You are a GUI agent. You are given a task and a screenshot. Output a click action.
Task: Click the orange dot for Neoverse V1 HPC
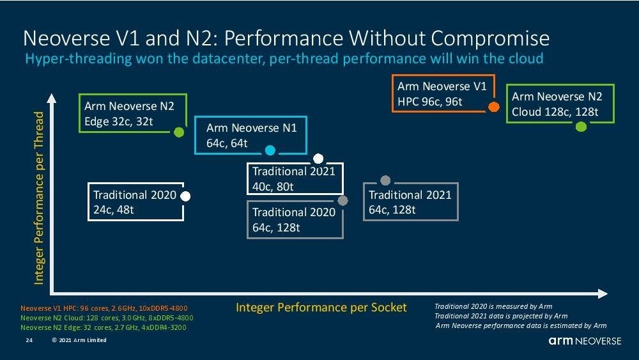(x=493, y=107)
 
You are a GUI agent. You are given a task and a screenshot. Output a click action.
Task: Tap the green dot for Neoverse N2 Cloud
(x=581, y=127)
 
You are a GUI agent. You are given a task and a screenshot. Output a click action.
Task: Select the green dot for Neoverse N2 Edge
(x=180, y=132)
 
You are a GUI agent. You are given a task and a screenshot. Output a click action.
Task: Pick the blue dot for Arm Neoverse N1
(x=270, y=151)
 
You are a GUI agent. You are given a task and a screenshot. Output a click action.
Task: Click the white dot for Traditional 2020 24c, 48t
(x=185, y=196)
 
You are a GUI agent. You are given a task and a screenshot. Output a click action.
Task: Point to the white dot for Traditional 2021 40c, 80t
(x=318, y=159)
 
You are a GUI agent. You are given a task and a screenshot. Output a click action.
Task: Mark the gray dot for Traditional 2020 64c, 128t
(x=343, y=201)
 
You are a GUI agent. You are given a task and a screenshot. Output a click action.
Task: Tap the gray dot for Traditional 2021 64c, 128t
(x=385, y=181)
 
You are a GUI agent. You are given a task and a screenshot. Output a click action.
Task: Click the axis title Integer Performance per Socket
(x=321, y=308)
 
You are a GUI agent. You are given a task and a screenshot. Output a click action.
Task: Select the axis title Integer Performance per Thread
(x=40, y=198)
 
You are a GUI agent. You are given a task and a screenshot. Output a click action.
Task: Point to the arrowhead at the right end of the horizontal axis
(x=603, y=293)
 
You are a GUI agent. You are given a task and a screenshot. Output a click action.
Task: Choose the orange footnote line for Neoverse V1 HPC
(x=104, y=308)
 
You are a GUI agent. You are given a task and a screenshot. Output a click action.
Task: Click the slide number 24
(x=29, y=340)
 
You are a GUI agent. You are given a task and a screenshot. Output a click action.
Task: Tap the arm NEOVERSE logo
(x=584, y=341)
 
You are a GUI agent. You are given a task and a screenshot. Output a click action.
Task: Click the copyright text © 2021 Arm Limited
(x=79, y=340)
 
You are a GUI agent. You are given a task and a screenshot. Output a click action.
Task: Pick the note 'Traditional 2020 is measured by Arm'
(x=493, y=306)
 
